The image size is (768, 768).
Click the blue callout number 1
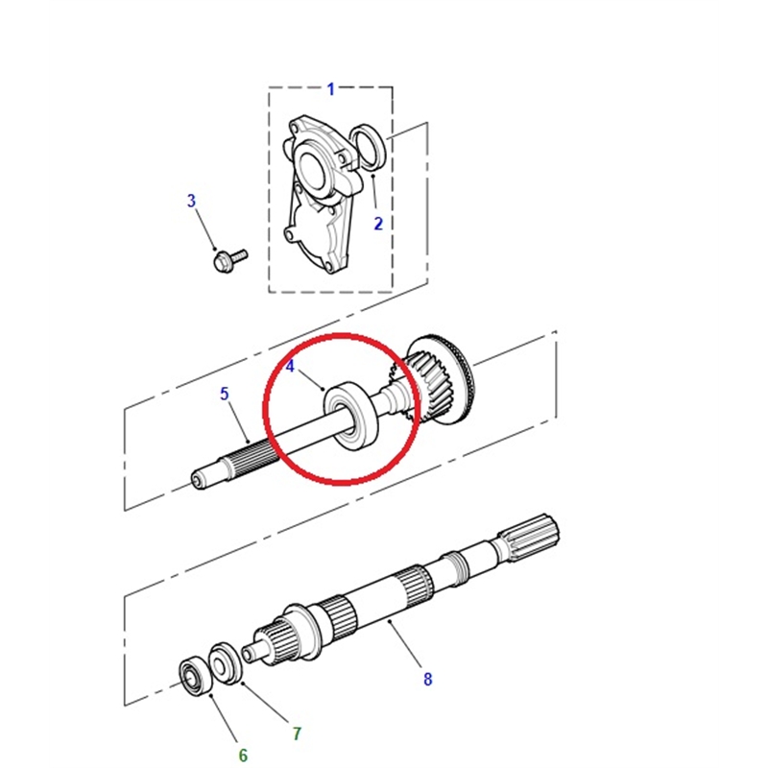[331, 89]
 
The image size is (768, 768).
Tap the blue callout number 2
[378, 224]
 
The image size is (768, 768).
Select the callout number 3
[191, 201]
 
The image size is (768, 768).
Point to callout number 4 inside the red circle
[291, 366]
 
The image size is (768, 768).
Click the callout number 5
[225, 394]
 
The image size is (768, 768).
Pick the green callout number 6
[244, 755]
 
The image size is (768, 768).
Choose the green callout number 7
[297, 733]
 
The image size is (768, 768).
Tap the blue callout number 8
[427, 680]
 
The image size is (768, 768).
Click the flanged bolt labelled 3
[230, 259]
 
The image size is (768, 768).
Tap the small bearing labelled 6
[195, 678]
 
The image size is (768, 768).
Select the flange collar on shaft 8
[302, 631]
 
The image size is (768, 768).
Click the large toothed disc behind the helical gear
[449, 377]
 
